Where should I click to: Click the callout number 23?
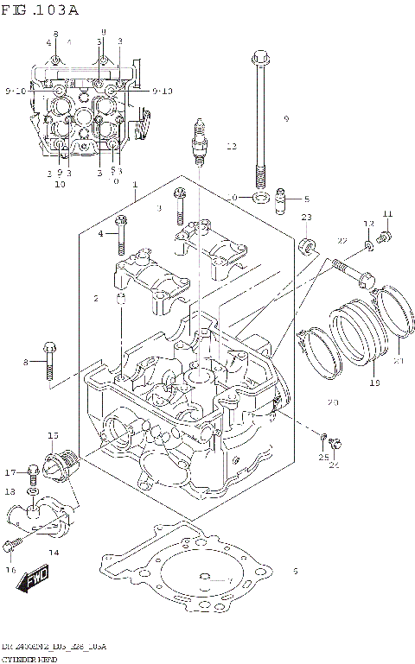click(x=305, y=217)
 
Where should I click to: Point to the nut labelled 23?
click(x=306, y=251)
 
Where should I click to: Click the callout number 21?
click(x=399, y=361)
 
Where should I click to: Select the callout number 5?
click(x=305, y=199)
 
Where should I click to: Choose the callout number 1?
click(x=135, y=185)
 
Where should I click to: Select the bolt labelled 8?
click(x=50, y=360)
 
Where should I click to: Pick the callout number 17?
click(x=10, y=472)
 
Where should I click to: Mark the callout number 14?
click(x=54, y=553)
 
